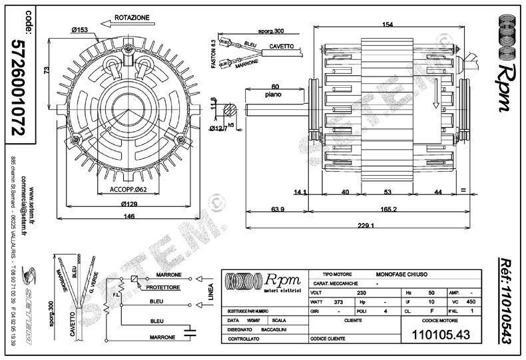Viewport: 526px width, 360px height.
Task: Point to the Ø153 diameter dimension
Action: [81, 29]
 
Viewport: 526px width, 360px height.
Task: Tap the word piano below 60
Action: [272, 94]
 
